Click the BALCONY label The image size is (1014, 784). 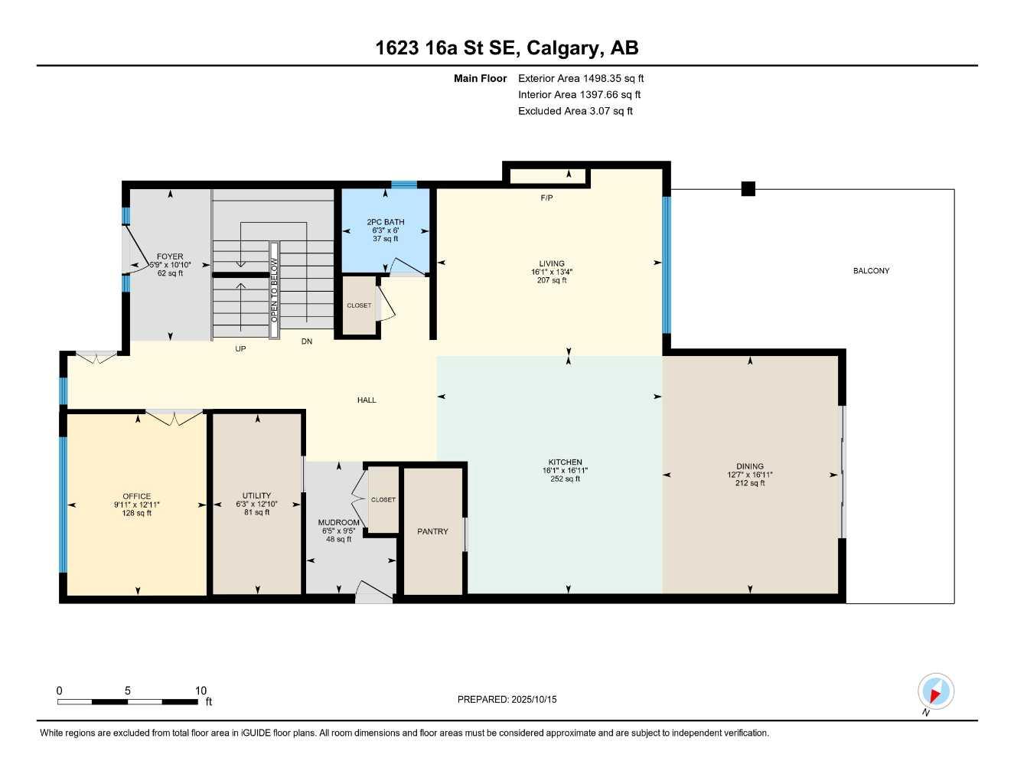coord(871,271)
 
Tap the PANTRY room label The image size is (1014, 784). coord(432,531)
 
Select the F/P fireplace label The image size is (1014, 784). coord(546,198)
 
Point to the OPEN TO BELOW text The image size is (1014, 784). coord(274,289)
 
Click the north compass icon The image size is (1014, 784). coord(935,692)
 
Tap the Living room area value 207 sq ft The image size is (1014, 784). coord(552,281)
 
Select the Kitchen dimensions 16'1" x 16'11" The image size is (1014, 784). coord(565,471)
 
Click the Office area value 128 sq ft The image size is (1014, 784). coord(137,513)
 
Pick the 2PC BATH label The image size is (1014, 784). coord(386,222)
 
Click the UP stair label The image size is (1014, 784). coord(240,349)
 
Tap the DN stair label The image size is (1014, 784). coord(307,341)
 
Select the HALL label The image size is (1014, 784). coord(367,400)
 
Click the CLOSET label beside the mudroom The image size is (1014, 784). coord(383,500)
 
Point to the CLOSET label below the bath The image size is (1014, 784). coord(359,305)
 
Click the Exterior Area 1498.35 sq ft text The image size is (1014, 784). coord(581,78)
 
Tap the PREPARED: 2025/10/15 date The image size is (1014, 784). coord(507,700)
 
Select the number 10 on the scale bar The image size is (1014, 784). coord(201,691)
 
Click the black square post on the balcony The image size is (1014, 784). coord(748,189)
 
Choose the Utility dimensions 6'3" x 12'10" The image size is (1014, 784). coord(256,505)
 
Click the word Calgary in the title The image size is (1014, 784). coord(562,48)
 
